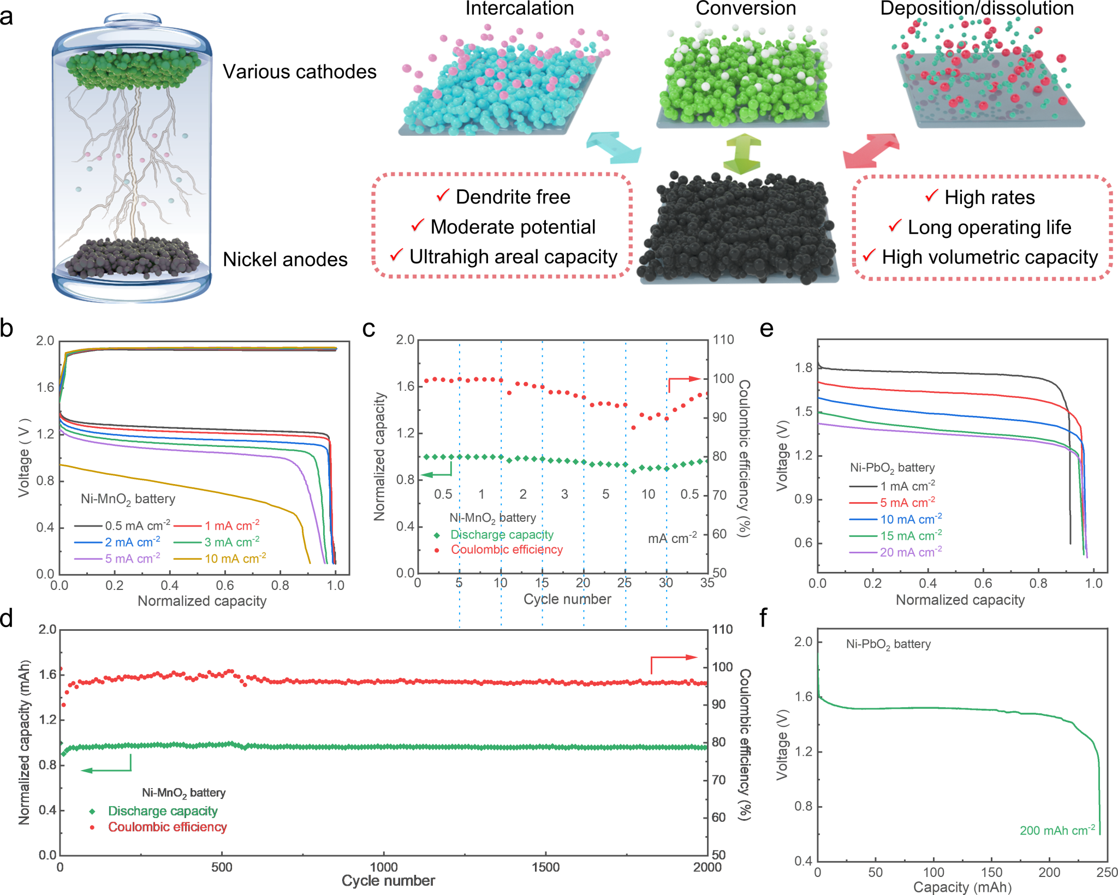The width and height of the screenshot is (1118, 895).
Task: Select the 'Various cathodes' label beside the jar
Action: (x=300, y=72)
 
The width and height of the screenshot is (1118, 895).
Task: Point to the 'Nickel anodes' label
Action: (x=285, y=260)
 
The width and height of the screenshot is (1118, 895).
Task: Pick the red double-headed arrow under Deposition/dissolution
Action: (x=871, y=151)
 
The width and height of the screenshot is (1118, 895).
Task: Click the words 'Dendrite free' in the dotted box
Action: (x=513, y=197)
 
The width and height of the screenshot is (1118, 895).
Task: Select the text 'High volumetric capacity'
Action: (x=989, y=257)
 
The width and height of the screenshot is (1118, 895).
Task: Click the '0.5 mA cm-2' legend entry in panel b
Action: (x=137, y=526)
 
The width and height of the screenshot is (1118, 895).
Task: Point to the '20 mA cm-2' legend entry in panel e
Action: (x=911, y=552)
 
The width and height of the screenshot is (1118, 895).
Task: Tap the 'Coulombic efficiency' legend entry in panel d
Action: (x=167, y=827)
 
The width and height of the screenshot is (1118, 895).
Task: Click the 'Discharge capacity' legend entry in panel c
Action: (x=502, y=535)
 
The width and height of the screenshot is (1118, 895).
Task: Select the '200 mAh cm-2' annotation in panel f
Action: (x=1057, y=831)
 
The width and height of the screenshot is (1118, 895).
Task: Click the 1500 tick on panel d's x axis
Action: (x=545, y=868)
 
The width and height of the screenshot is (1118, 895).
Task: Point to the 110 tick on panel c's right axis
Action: (x=723, y=340)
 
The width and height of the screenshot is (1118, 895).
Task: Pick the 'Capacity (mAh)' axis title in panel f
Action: (x=962, y=887)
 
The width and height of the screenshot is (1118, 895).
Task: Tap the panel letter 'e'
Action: (x=766, y=329)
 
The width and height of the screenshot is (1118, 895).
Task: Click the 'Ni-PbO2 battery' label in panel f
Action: (x=888, y=645)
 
